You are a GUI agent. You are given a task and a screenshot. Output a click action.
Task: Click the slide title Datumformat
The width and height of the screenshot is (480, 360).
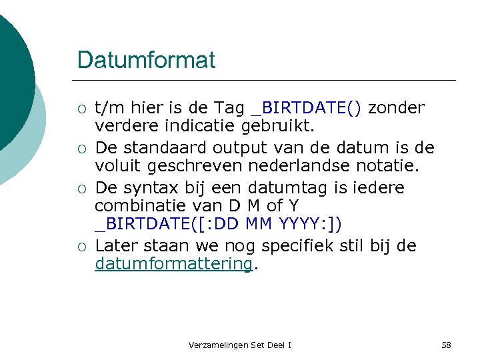tap(146, 60)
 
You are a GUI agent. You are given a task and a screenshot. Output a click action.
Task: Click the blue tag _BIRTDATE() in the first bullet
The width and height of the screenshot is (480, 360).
tap(306, 107)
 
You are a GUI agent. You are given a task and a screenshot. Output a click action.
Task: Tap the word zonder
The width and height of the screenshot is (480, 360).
tap(397, 107)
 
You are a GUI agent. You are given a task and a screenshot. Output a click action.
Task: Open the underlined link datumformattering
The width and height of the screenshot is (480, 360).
tap(173, 264)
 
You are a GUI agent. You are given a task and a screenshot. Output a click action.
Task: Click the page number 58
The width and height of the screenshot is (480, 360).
tap(446, 345)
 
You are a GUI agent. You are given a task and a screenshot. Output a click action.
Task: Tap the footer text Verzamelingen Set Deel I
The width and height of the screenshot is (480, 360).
tap(240, 345)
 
